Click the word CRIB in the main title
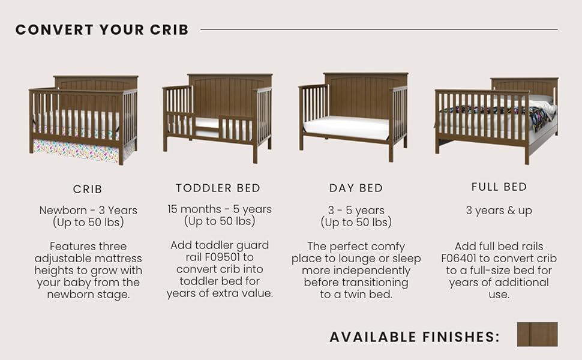click(169, 30)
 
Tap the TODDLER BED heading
click(218, 188)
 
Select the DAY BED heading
click(356, 188)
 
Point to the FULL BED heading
click(499, 187)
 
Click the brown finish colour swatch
click(538, 334)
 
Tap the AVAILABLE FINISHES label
click(415, 337)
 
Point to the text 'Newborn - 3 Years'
click(88, 211)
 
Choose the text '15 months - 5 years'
click(220, 209)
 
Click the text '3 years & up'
click(499, 211)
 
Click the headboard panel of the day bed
click(366, 97)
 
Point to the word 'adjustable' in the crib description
click(88, 259)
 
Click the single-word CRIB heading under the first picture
click(88, 189)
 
